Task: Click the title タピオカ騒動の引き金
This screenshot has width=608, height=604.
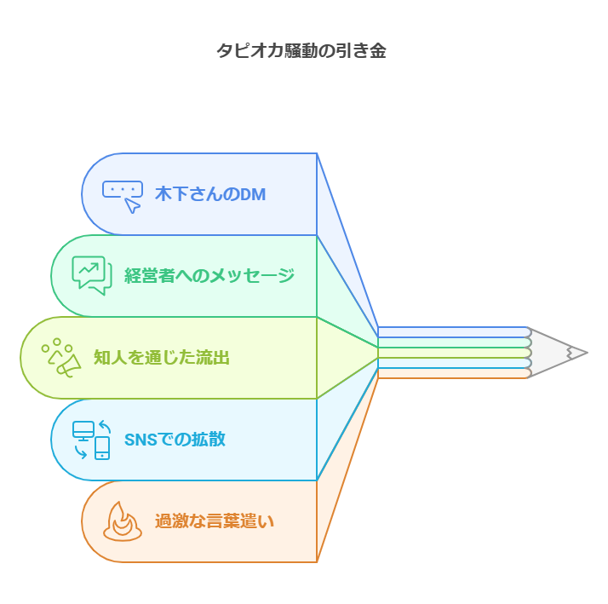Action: point(301,51)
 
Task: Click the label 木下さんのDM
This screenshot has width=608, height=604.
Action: point(210,194)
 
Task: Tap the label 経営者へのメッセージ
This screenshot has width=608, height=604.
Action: point(209,276)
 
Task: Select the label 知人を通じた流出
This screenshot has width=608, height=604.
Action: point(161,357)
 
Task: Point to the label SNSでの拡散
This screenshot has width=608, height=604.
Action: point(175,439)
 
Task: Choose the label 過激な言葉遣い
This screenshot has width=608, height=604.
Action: point(215,521)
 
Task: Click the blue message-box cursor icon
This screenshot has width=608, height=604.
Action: point(123,197)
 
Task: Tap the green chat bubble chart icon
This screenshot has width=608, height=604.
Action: point(92,275)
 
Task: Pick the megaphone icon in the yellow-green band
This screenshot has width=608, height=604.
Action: point(61,358)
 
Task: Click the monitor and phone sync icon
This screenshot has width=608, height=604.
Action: point(91,440)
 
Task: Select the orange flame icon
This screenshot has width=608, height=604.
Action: point(123,521)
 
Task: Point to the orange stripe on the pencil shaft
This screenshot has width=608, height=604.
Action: point(454,373)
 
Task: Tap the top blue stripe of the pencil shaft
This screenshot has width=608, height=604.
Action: point(454,332)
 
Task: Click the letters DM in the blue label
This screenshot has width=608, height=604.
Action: point(253,194)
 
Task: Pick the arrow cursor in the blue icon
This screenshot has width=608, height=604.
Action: point(132,205)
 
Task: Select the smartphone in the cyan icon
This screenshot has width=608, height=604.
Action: point(102,448)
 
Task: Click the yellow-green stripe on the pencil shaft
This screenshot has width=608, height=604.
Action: point(454,353)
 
